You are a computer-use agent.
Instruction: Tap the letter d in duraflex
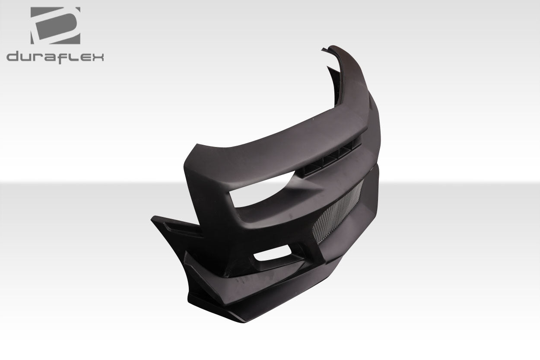(x=13, y=57)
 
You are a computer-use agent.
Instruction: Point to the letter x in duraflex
(x=98, y=57)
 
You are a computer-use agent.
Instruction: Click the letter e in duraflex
(x=86, y=57)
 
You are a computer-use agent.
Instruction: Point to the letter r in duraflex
(x=41, y=57)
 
